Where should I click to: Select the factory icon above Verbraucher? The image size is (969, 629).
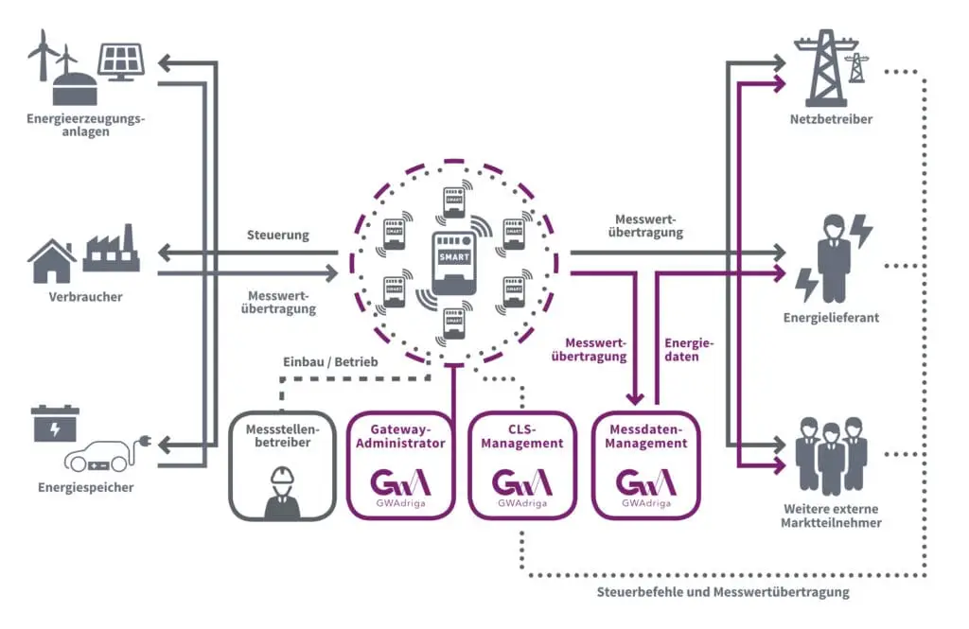pyautogui.click(x=111, y=252)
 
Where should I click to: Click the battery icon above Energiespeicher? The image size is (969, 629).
pyautogui.click(x=56, y=424)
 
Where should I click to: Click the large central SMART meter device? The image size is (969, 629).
pyautogui.click(x=453, y=261)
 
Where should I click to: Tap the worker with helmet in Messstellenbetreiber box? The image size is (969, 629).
pyautogui.click(x=282, y=491)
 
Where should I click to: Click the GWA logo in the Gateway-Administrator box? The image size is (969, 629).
pyautogui.click(x=399, y=482)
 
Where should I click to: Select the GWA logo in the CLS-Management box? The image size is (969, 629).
pyautogui.click(x=521, y=482)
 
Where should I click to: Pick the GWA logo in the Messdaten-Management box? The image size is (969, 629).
pyautogui.click(x=645, y=482)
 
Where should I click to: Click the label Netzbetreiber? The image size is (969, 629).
pyautogui.click(x=831, y=120)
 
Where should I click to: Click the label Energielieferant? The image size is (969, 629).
pyautogui.click(x=831, y=318)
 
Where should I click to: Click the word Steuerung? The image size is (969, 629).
pyautogui.click(x=277, y=235)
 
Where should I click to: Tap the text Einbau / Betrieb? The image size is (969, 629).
pyautogui.click(x=330, y=362)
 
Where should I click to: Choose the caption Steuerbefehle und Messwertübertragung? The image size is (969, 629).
pyautogui.click(x=723, y=592)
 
